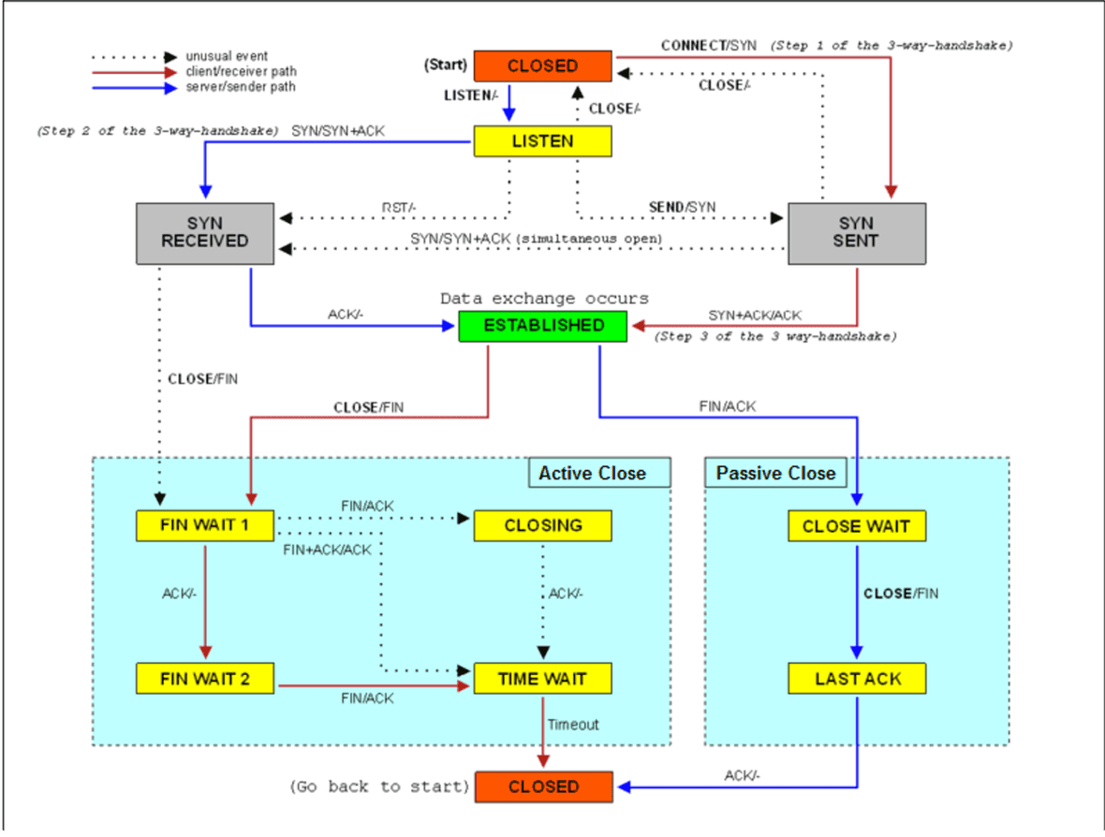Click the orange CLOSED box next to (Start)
[x=543, y=66]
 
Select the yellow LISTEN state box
[x=543, y=141]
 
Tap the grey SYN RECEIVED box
[x=205, y=232]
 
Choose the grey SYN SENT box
[x=856, y=232]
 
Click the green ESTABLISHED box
[x=543, y=326]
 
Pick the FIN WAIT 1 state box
[x=205, y=525]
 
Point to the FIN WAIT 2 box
[x=205, y=679]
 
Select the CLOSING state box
[x=543, y=525]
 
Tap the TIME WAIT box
[x=543, y=679]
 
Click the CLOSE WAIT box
[x=856, y=525]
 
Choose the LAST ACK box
[x=856, y=679]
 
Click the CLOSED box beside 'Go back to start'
[x=543, y=787]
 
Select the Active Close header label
[x=592, y=473]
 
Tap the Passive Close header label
[x=775, y=473]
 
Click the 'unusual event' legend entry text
[x=227, y=57]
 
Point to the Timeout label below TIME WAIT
[x=573, y=724]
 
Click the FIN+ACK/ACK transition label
[x=327, y=550]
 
